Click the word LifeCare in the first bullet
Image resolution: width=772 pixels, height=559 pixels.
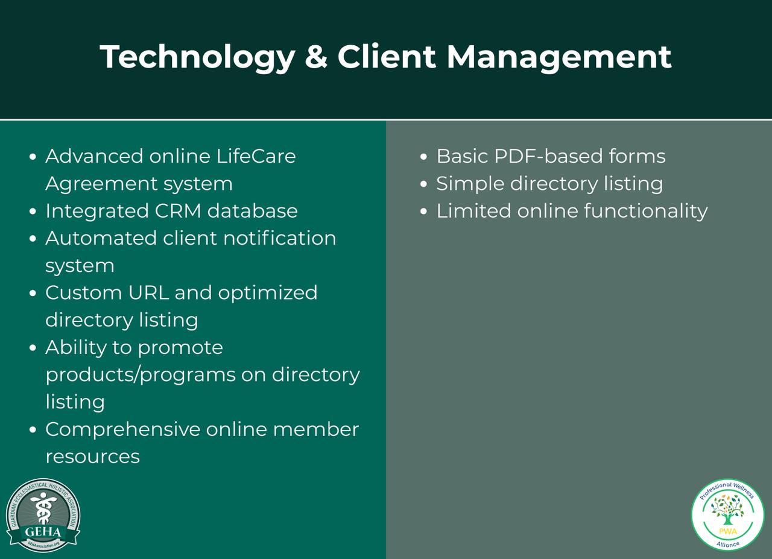256,156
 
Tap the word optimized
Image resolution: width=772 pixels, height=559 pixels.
267,293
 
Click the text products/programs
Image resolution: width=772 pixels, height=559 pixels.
140,375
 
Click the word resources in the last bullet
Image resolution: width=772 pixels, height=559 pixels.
92,457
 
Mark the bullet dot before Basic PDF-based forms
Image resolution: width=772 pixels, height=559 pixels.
424,157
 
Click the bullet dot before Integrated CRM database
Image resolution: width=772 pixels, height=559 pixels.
33,212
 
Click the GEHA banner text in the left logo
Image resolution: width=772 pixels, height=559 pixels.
42,532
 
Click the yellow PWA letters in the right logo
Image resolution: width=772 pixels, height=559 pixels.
727,531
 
